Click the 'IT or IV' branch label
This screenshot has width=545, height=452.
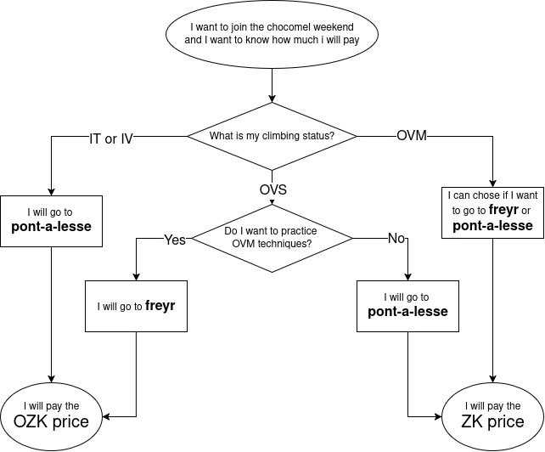[111, 138]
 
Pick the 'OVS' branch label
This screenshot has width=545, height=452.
[272, 189]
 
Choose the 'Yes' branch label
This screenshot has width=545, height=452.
[175, 240]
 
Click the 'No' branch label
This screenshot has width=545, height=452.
[396, 239]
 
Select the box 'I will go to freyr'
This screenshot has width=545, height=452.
[136, 306]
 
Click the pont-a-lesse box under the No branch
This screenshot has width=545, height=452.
[407, 305]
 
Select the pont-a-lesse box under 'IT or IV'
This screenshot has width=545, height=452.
[52, 221]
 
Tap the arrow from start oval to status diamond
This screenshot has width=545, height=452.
[272, 85]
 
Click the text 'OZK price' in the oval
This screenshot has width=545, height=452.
[53, 421]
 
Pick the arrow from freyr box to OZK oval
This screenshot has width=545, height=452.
[136, 374]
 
